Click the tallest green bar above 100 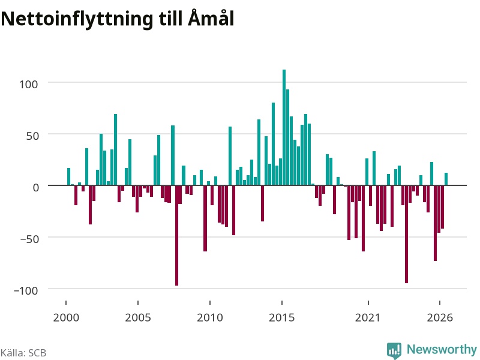(284, 127)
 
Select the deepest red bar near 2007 (176, 235)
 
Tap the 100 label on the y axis (29, 84)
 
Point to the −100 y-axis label (26, 290)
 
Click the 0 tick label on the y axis (36, 187)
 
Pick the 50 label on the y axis (32, 136)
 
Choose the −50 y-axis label (29, 239)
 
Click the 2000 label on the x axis (66, 317)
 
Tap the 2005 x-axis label (138, 317)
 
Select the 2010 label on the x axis (210, 317)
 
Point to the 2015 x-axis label (282, 317)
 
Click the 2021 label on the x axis (368, 317)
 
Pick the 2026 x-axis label (440, 317)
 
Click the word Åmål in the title (211, 18)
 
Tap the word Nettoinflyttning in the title (77, 19)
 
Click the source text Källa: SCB (23, 353)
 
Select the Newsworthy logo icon (394, 350)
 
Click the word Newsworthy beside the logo (442, 349)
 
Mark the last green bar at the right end (446, 179)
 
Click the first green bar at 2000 (68, 176)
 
